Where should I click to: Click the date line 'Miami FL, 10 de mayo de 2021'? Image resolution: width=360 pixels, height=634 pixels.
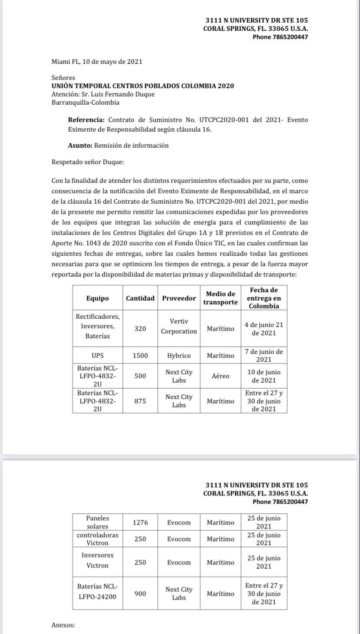point(97,62)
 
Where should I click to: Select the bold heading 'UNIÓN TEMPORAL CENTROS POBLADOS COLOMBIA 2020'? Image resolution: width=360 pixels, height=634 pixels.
point(142,86)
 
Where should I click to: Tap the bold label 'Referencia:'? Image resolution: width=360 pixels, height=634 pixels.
point(86,120)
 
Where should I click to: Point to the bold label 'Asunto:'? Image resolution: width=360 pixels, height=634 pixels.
point(80,146)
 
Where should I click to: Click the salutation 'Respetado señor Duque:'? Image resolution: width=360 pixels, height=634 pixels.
point(88,162)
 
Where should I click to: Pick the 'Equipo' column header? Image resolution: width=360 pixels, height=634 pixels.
point(97,298)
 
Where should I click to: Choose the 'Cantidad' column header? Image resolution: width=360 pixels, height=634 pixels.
point(140,298)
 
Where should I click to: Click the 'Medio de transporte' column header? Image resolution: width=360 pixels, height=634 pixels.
point(221,298)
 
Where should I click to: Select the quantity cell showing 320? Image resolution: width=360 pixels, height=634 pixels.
point(140,329)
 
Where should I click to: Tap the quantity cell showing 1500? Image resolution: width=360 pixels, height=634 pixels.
point(140,356)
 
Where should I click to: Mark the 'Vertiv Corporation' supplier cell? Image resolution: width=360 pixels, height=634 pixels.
point(179,326)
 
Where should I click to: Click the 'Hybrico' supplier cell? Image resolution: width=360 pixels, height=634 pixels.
point(179,356)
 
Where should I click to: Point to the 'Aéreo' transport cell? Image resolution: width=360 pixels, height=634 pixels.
point(221,376)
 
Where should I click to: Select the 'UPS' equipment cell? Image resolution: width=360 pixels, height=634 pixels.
point(97,356)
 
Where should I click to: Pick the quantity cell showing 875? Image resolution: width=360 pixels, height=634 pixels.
point(140,401)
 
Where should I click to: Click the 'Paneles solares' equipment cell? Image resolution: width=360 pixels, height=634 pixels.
point(97,522)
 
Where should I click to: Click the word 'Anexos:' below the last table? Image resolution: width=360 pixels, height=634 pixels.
point(63,625)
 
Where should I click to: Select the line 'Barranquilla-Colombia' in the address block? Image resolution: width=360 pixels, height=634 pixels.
point(86,103)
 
